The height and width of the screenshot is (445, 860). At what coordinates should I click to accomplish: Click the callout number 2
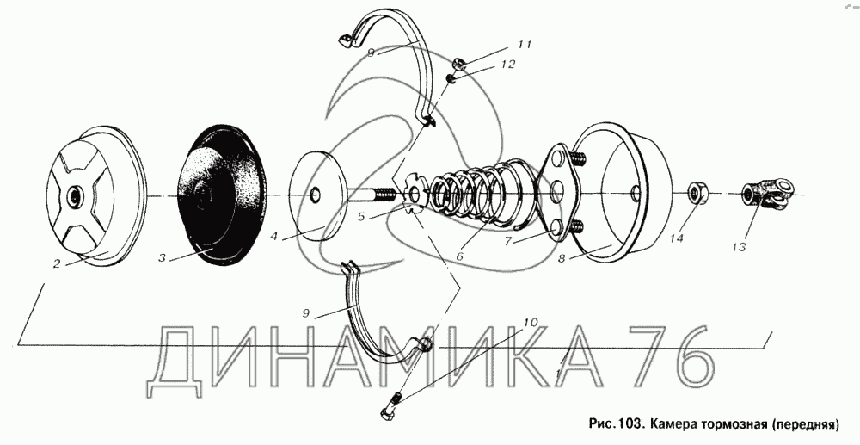[x=57, y=264]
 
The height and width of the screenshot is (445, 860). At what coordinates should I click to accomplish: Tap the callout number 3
[x=162, y=258]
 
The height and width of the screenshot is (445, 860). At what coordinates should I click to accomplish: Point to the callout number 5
[x=361, y=217]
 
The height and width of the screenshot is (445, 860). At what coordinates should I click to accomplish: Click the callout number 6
[x=459, y=256]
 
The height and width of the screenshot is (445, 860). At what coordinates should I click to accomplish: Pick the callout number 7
[x=509, y=241]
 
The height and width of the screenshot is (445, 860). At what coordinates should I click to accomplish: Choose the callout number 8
[x=561, y=258]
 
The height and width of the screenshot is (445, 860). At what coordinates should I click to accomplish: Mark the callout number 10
[x=531, y=323]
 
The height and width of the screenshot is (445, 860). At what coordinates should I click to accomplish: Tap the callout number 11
[x=525, y=45]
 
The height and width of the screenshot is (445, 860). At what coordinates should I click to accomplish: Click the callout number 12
[x=508, y=65]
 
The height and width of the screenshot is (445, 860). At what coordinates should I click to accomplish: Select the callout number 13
[x=739, y=247]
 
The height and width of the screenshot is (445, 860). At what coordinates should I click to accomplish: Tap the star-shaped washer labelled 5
[x=415, y=194]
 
